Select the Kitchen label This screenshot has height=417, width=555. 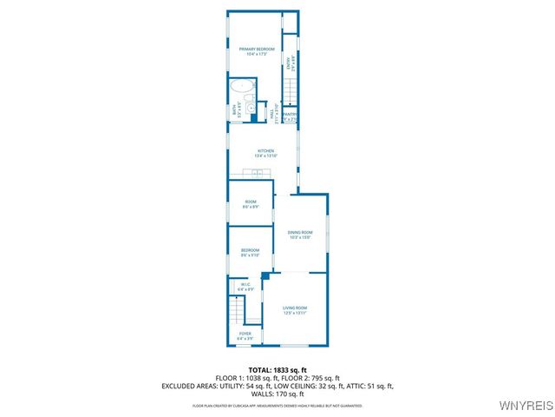264,154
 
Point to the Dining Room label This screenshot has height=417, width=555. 299,234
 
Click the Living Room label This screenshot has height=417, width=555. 295,310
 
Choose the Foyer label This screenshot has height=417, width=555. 245,335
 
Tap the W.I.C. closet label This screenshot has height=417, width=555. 245,286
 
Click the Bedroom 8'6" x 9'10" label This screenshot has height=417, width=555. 250,253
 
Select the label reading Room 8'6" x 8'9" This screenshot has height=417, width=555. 250,205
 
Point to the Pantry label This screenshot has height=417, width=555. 290,116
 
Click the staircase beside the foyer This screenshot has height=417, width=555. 237,308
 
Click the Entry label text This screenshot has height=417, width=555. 291,62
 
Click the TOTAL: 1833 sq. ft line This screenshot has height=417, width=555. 277,370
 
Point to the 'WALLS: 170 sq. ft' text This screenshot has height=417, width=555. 277,394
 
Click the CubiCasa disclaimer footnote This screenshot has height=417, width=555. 277,406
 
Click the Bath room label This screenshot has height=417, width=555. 235,110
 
